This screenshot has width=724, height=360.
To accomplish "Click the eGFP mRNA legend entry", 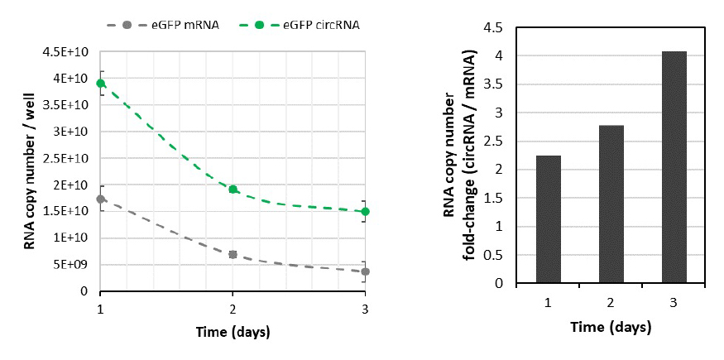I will (x=175, y=23).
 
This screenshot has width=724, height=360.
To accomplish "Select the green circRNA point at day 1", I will (x=101, y=83).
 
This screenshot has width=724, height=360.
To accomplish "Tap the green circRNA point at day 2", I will (x=233, y=190).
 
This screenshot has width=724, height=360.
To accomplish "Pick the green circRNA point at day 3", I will (x=365, y=211).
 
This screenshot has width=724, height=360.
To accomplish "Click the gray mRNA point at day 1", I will (x=101, y=199).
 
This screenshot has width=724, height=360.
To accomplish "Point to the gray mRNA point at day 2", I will (x=233, y=254).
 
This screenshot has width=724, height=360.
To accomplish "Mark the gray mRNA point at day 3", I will (x=365, y=271).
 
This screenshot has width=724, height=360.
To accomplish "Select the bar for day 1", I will (x=548, y=219).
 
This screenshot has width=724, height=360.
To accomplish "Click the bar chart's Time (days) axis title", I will (x=611, y=327).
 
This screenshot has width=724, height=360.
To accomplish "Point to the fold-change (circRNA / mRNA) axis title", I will (x=470, y=153).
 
